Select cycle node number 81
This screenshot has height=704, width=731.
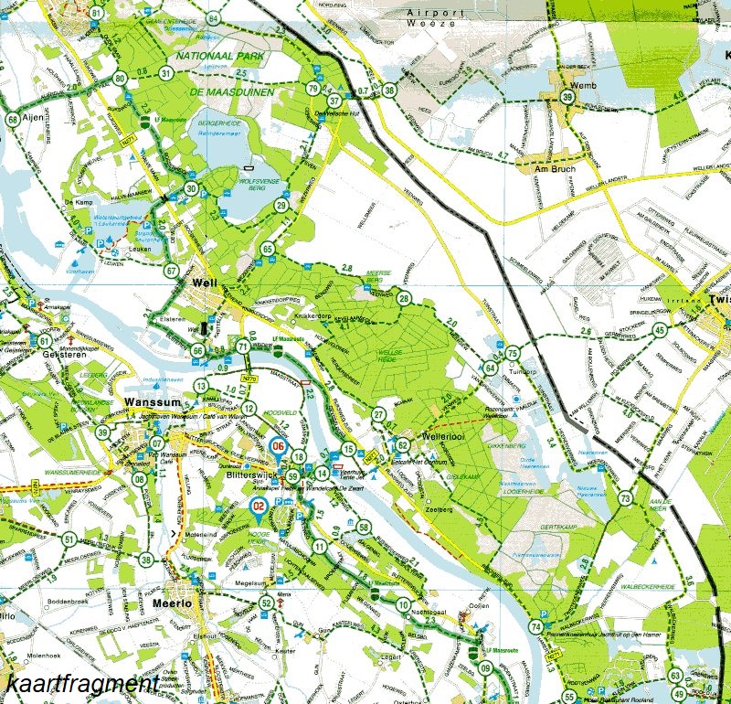(x=97, y=13)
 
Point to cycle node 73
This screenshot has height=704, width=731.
(x=625, y=498)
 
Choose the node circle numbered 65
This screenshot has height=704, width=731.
(x=267, y=249)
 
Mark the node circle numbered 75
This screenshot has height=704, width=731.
(x=513, y=354)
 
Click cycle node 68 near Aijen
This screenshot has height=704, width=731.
(x=13, y=120)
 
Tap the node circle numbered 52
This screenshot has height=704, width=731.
(x=266, y=603)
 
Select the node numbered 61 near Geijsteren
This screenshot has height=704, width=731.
(x=44, y=341)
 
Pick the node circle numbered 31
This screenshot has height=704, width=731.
(x=165, y=73)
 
